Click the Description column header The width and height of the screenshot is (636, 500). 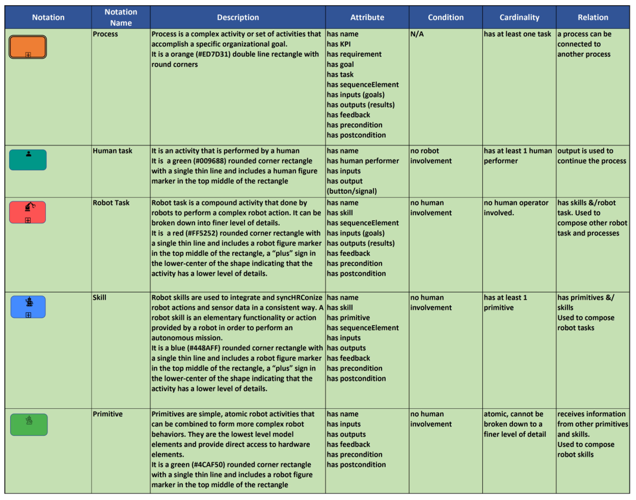coord(238,17)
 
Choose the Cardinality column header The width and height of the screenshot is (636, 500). coord(519,17)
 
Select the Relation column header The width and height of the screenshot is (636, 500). coord(593,17)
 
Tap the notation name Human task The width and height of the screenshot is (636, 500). coord(112,151)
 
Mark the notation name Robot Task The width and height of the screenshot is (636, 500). coord(111,203)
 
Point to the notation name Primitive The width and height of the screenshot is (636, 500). coord(107,414)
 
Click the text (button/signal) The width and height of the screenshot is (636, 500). coord(352,191)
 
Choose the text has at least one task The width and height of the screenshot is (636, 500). coord(517,34)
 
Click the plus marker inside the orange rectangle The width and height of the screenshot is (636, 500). coord(28,55)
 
